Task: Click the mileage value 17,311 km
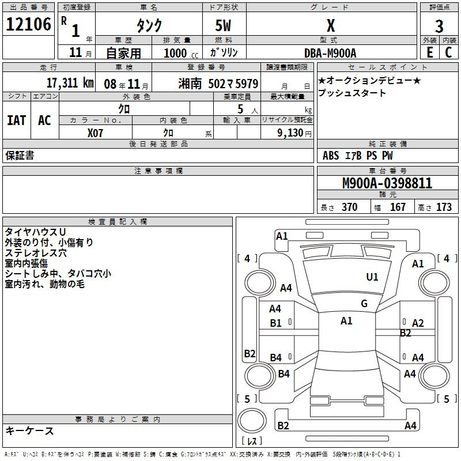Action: (x=70, y=82)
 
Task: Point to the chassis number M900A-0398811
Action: (x=387, y=183)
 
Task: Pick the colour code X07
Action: (x=96, y=132)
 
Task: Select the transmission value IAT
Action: (x=16, y=120)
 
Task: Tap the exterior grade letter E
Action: (x=429, y=52)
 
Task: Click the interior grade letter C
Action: (x=448, y=52)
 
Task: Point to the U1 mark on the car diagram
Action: (x=372, y=277)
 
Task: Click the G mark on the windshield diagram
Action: (x=364, y=304)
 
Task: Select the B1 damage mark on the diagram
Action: (x=275, y=323)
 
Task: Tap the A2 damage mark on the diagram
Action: (x=418, y=323)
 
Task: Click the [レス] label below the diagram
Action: (x=252, y=442)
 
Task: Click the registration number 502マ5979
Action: (x=233, y=83)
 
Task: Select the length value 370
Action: (x=349, y=207)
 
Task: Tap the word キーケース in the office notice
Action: (x=29, y=430)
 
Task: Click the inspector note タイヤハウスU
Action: (x=33, y=232)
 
